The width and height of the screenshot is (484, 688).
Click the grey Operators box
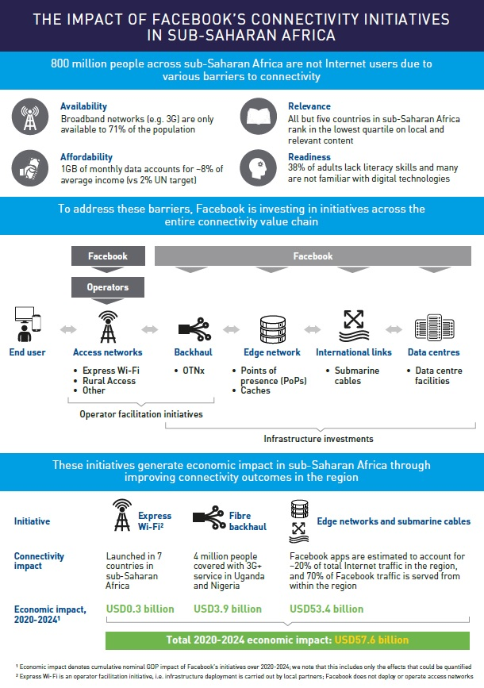[106, 286]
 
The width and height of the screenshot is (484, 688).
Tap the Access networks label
[107, 352]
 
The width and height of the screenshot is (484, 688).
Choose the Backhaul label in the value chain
[193, 352]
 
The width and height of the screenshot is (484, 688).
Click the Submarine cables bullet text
[356, 375]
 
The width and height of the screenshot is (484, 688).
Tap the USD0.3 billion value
[140, 609]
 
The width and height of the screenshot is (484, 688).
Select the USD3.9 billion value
[228, 609]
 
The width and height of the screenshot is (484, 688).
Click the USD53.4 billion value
[326, 609]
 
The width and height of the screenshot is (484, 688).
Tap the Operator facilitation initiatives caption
[141, 414]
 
